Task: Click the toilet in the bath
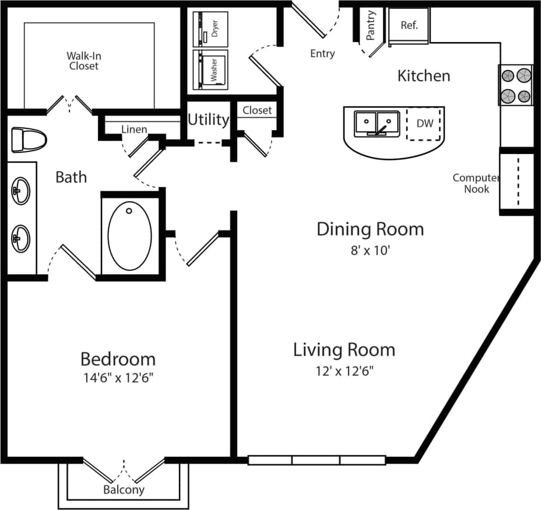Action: pyautogui.click(x=28, y=139)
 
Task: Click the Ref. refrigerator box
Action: pyautogui.click(x=409, y=26)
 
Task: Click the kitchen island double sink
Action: pyautogui.click(x=376, y=123)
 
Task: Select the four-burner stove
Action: pyautogui.click(x=516, y=85)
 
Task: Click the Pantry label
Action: pyautogui.click(x=371, y=25)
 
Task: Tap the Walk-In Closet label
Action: pyautogui.click(x=84, y=61)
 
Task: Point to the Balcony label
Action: pyautogui.click(x=124, y=490)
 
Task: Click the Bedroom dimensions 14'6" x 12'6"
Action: pyautogui.click(x=118, y=378)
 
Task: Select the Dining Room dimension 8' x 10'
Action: pyautogui.click(x=370, y=251)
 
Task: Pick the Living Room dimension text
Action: pyautogui.click(x=344, y=371)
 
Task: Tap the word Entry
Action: pyautogui.click(x=322, y=54)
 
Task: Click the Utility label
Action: pyautogui.click(x=208, y=120)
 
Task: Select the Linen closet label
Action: pyautogui.click(x=134, y=129)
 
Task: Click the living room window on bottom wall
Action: pyautogui.click(x=317, y=460)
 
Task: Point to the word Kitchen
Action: pyautogui.click(x=423, y=75)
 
